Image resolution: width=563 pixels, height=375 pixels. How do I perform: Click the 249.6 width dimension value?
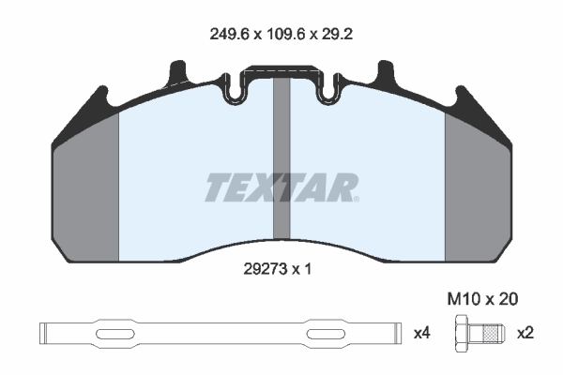229,35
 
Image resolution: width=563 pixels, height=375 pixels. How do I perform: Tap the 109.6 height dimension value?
285,35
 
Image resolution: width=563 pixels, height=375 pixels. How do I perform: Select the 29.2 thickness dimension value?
337,35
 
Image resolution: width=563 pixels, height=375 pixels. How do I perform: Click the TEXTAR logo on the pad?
281,187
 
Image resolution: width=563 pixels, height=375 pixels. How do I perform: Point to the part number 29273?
266,269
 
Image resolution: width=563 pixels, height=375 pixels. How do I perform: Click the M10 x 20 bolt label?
482,298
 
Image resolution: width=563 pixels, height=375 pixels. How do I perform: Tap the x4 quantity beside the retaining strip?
422,334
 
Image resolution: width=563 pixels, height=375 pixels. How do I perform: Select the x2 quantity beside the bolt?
525,334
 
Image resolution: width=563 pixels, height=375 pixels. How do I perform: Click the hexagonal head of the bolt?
462,334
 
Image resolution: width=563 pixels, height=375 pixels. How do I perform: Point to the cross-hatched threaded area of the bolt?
491,334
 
